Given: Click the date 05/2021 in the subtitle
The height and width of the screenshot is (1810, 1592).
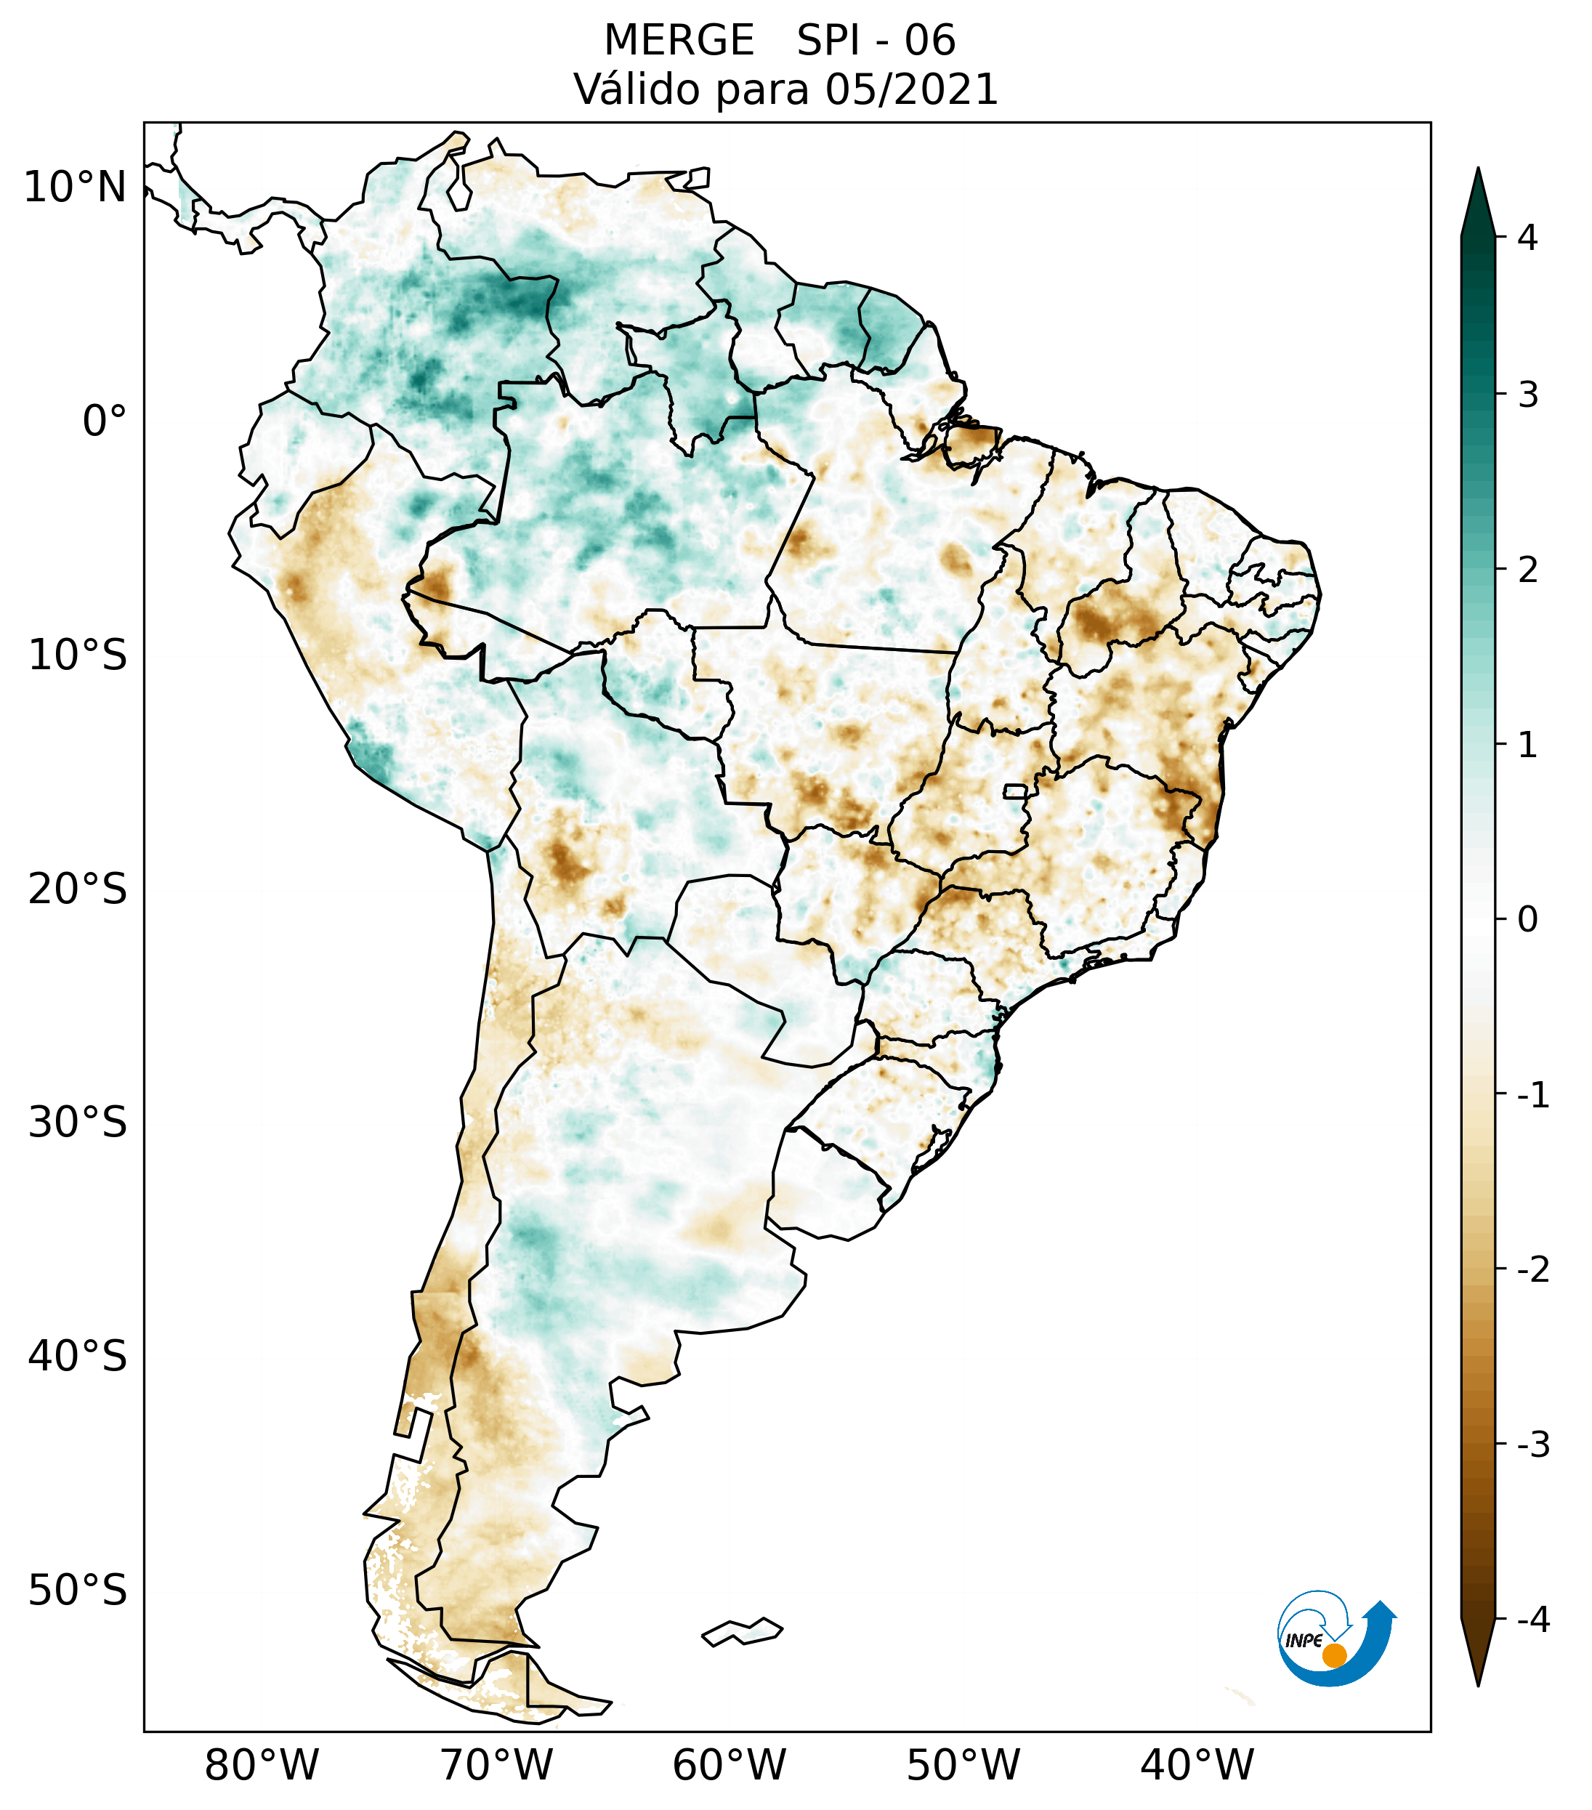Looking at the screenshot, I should point(911,89).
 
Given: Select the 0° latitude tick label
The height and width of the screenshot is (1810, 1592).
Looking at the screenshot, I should point(105,421).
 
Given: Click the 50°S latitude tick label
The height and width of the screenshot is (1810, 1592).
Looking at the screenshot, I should point(78,1591).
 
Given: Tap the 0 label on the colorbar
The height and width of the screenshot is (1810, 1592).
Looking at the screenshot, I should point(1527,920).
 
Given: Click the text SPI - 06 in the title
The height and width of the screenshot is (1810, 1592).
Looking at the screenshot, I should point(876,41).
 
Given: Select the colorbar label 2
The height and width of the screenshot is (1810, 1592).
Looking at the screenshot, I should point(1527,570).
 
